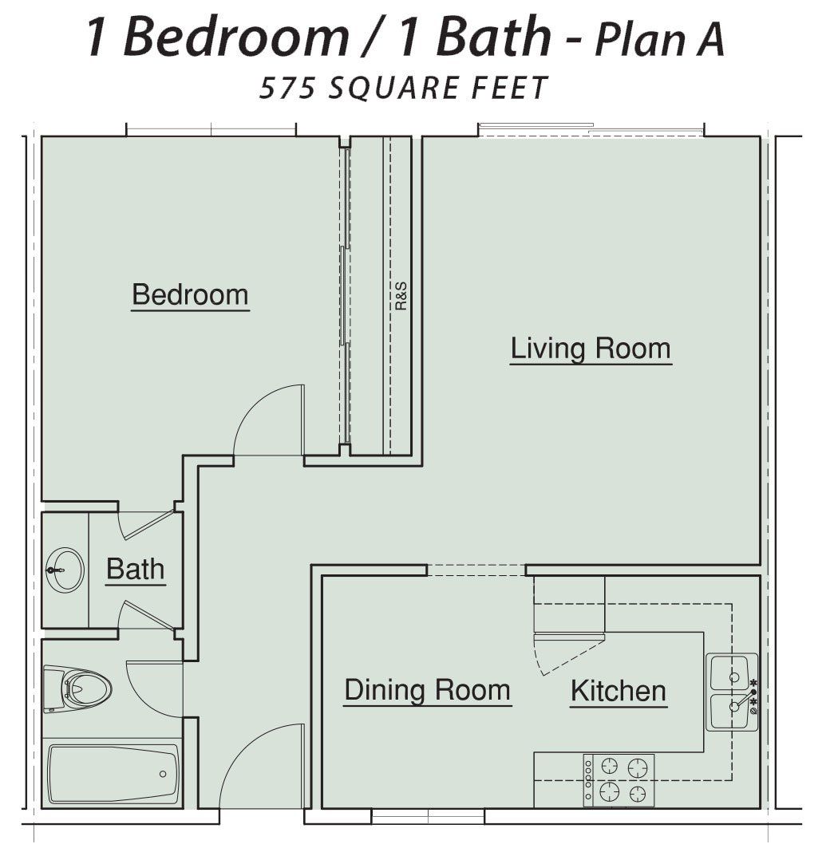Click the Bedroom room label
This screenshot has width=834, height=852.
190,294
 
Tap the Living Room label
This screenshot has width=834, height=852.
591,349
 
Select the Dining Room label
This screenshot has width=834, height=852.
427,690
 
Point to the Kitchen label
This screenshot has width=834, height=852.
619,691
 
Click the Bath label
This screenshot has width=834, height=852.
136,569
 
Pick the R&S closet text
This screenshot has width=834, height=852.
401,296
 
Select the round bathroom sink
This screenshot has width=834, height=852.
65,570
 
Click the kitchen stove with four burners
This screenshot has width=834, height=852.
619,780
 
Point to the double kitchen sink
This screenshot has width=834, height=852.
732,692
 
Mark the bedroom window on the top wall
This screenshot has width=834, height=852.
211,129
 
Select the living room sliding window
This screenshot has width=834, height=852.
591,129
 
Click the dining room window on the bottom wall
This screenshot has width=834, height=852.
428,816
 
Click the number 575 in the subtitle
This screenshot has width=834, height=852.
287,88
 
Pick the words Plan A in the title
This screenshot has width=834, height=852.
659,39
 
